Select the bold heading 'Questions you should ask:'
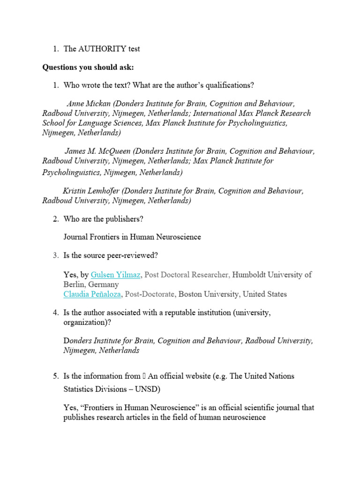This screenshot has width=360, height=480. pos(88,67)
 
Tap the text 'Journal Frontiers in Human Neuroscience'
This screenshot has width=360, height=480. pos(132,237)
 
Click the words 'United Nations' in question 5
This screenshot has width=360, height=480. pos(270,376)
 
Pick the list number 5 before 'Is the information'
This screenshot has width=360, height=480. pos(55,376)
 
